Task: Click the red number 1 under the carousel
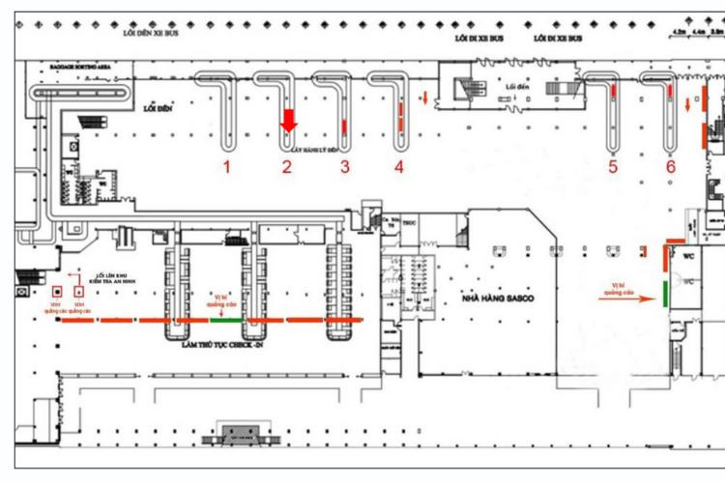[x=227, y=167]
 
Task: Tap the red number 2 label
[x=287, y=167]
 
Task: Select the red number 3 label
[x=344, y=167]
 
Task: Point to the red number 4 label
[x=399, y=167]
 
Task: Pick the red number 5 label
[x=613, y=167]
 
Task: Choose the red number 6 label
[x=670, y=167]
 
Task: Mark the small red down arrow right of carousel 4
[x=423, y=99]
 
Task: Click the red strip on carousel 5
[x=613, y=93]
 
